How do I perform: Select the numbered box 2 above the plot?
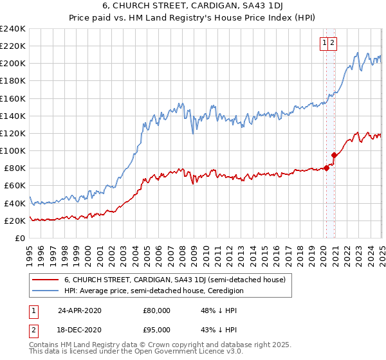coord(333,43)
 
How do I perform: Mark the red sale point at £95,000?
coord(335,155)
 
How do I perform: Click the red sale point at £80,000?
coord(327,168)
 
